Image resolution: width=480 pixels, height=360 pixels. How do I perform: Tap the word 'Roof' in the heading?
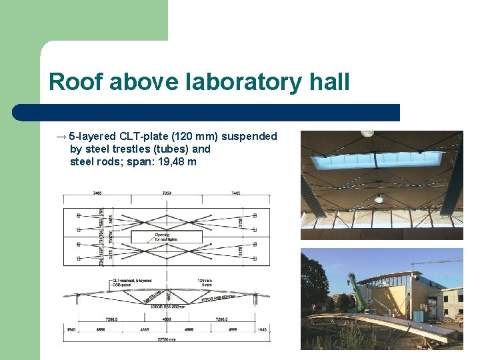point(75,82)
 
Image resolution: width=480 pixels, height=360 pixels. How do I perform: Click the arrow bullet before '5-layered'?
point(61,136)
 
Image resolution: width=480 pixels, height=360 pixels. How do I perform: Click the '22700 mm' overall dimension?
point(167,339)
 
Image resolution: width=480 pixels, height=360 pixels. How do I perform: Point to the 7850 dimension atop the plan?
point(167,194)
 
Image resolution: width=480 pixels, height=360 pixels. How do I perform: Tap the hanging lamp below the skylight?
point(379,198)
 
